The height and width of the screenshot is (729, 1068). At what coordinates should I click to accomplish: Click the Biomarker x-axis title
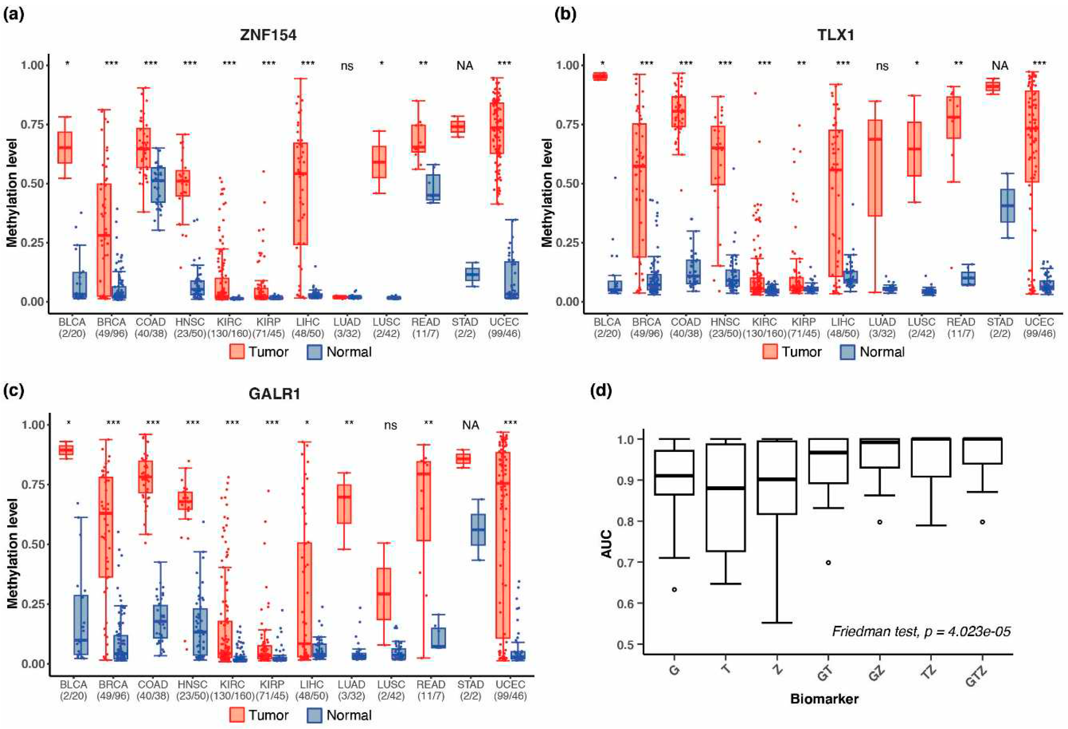click(x=824, y=699)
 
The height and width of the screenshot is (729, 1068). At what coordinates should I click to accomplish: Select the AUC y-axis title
click(x=607, y=544)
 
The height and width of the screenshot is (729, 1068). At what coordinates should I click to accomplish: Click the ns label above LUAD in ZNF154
click(x=347, y=66)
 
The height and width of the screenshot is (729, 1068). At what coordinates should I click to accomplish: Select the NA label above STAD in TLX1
click(x=1000, y=66)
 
